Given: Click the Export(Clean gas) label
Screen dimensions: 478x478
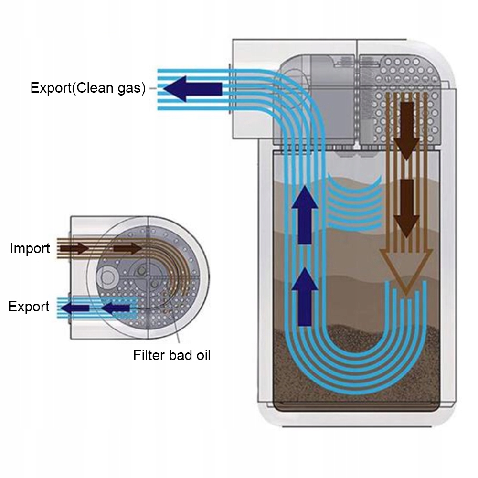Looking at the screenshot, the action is point(88,88).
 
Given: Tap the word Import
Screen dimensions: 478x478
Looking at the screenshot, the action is point(30,248).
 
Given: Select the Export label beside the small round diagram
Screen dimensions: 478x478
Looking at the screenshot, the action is point(29,307).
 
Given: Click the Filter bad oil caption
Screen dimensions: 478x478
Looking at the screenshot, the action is point(172,355).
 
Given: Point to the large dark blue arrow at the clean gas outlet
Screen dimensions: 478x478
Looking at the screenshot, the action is point(192,89).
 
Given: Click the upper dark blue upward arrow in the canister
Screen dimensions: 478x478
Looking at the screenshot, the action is point(305,215).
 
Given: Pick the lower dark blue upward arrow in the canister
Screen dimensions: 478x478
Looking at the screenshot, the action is point(305,297).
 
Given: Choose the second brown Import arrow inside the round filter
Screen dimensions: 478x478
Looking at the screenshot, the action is point(127,248).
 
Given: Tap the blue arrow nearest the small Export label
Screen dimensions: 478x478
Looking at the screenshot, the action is point(75,308).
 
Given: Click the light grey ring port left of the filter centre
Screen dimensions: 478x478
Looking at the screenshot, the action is point(106,277).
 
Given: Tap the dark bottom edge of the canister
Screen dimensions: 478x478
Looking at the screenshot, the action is point(356,408).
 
